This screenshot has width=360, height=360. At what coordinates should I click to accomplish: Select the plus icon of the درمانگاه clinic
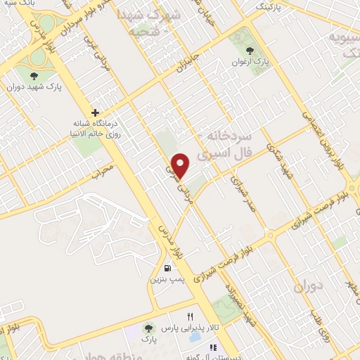pos(94,112)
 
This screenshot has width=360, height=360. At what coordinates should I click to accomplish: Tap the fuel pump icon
pos(167,267)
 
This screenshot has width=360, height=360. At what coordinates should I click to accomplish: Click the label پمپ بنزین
pos(167,279)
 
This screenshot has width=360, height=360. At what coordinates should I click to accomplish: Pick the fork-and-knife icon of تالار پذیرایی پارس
pos(189,317)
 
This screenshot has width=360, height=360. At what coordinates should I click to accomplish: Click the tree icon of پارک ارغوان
pos(250,50)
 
